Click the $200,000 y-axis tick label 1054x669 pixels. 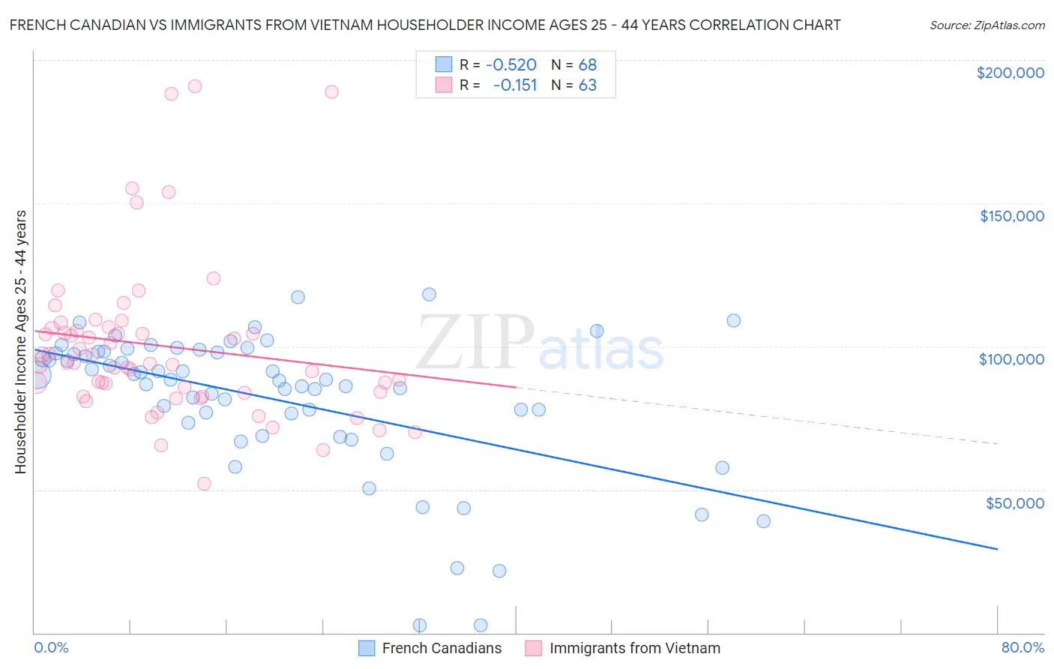click(x=1010, y=73)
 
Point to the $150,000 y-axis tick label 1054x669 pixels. click(x=1011, y=216)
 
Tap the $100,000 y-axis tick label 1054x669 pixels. click(x=1011, y=359)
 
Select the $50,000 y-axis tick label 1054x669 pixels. click(x=1014, y=502)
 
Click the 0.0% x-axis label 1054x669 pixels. click(x=51, y=647)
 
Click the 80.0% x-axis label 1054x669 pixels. click(x=1023, y=647)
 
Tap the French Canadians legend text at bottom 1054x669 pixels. click(x=442, y=648)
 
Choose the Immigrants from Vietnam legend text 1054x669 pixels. click(x=634, y=648)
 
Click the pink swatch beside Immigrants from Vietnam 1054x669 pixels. click(x=533, y=648)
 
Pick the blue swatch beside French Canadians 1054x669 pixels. click(x=367, y=648)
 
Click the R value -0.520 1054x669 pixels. click(x=511, y=65)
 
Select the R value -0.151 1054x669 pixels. click(x=515, y=85)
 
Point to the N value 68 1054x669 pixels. click(x=587, y=65)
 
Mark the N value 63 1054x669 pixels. click(x=587, y=85)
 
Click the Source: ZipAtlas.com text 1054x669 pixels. click(x=987, y=25)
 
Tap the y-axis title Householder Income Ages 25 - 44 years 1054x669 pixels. click(x=21, y=341)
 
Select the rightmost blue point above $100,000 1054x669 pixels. click(x=733, y=320)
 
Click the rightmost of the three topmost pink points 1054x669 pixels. click(x=331, y=91)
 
